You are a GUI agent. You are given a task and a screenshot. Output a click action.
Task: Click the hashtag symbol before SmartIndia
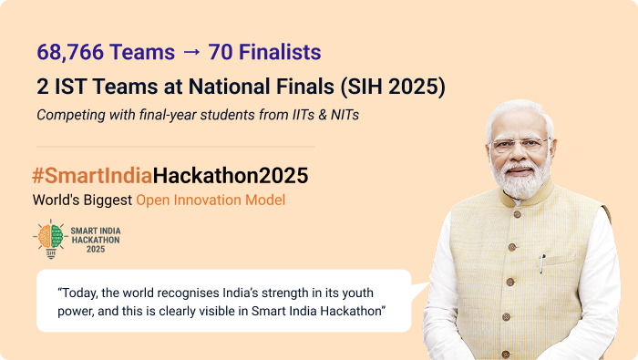(38, 175)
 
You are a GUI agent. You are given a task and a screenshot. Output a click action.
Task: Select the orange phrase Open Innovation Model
(211, 199)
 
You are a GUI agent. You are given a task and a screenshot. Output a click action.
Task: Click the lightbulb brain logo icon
(51, 237)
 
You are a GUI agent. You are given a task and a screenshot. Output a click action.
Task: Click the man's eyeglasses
(520, 144)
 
